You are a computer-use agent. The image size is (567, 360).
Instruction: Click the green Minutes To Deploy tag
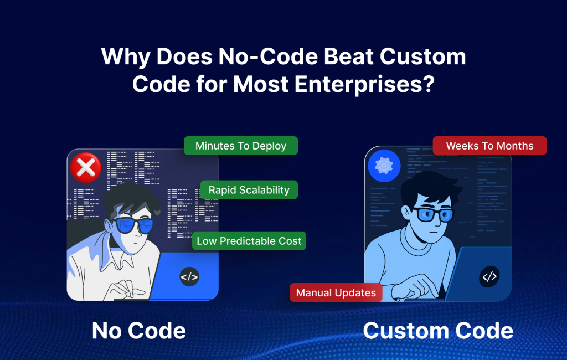[x=241, y=146]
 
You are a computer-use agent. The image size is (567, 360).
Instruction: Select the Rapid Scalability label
[x=249, y=190]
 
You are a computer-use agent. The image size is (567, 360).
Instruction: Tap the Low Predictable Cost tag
[x=249, y=241]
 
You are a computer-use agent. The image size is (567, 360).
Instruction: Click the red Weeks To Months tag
[x=489, y=146]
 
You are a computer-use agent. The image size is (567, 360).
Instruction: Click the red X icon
[x=86, y=167]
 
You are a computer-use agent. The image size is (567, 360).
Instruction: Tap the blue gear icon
[x=384, y=165]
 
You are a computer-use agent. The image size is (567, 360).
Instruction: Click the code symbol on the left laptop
[x=189, y=276]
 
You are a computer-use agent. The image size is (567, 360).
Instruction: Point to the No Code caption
[x=139, y=331]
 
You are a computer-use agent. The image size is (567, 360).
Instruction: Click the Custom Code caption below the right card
[x=438, y=331]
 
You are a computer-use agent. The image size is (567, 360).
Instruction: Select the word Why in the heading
[x=125, y=57]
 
